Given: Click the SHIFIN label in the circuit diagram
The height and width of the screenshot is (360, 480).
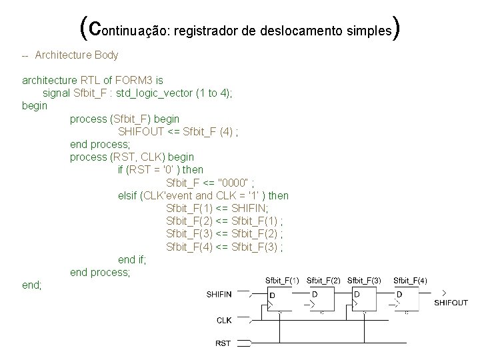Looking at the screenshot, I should [x=219, y=294].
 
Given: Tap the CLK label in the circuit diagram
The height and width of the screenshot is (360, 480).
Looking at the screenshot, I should [x=224, y=320].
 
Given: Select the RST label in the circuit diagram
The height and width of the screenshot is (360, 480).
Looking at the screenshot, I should [x=223, y=343].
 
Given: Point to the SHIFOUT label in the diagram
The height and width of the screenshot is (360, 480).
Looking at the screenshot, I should [x=451, y=302].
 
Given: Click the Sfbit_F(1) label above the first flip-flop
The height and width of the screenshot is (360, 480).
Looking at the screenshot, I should [x=282, y=281].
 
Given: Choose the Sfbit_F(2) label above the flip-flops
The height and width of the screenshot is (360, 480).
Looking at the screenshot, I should [x=323, y=281].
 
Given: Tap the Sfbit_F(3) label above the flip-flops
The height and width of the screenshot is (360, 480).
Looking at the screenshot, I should [x=364, y=281].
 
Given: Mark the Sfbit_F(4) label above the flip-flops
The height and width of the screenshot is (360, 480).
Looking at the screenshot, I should [x=411, y=281].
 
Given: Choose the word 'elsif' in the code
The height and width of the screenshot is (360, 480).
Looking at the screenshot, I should [x=129, y=195].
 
